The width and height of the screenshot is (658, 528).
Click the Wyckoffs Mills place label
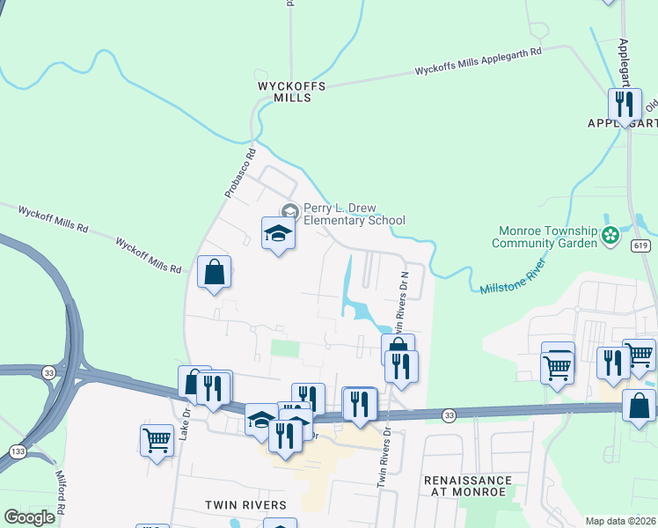pos(291,92)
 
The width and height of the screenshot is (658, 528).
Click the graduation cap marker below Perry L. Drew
pos(278,234)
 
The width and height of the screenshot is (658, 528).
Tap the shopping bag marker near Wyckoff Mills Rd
pos(214,273)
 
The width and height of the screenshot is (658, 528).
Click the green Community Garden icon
pos(610,235)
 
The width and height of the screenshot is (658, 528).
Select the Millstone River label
pos(514,275)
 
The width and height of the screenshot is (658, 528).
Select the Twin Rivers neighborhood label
pos(245,505)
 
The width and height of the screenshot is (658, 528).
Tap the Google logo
pos(29,517)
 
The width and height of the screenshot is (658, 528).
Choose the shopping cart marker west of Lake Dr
pos(157,438)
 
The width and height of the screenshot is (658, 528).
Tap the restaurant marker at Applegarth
pos(625,105)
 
